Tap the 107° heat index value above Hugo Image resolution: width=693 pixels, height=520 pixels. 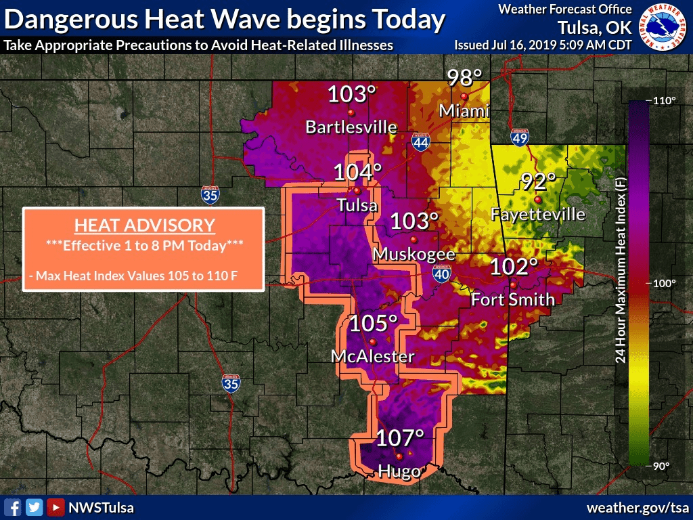[x=399, y=438]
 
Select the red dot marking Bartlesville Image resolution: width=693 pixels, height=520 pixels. [x=351, y=112]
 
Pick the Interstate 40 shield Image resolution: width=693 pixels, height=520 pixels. [x=440, y=273]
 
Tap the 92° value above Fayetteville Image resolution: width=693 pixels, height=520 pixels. [x=538, y=181]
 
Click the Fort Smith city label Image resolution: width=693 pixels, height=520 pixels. [x=513, y=299]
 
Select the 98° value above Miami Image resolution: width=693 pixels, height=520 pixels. [x=464, y=78]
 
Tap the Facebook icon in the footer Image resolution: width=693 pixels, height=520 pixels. [x=12, y=507]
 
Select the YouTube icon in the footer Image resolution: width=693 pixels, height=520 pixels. [x=55, y=507]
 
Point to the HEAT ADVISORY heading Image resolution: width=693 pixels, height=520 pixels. [x=144, y=225]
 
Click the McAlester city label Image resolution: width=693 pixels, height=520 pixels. [x=372, y=356]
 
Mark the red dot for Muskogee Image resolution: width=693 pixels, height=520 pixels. [x=413, y=240]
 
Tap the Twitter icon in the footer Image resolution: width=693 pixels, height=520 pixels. [x=34, y=507]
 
